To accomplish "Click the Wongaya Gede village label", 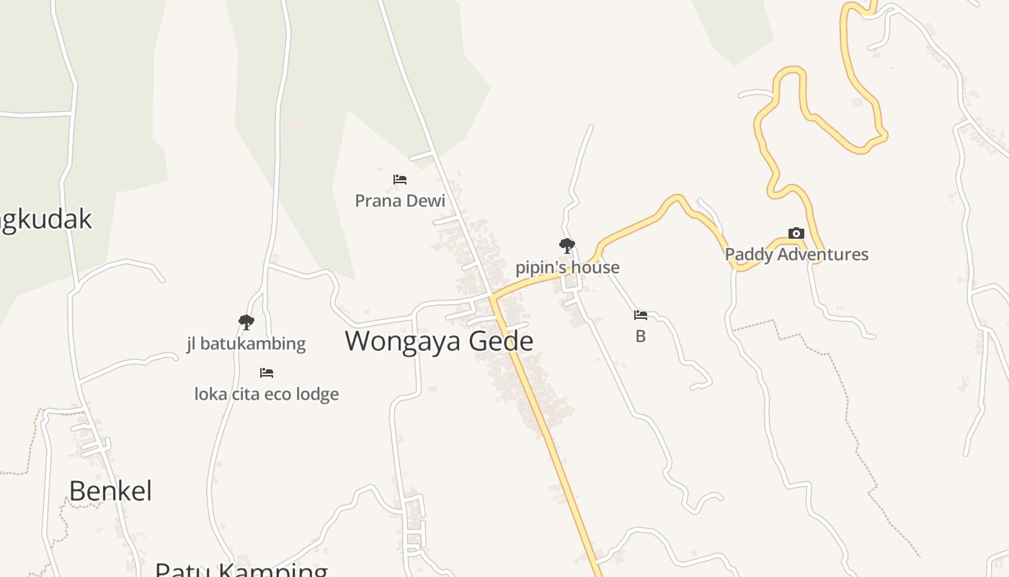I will coord(438,341).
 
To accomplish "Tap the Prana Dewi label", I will coord(400,201).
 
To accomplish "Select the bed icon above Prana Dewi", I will coord(400,180).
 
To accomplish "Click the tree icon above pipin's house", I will coord(567,246).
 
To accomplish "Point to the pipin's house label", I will coord(567,268).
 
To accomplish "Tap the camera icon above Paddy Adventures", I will coord(796,233).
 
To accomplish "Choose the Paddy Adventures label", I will coord(796,255).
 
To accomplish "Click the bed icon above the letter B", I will coord(640,315).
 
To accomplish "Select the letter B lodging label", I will coord(640,336).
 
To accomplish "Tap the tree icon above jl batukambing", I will coord(246,322).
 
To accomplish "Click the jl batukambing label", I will coord(246,344).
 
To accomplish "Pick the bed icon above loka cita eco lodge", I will coord(267,373).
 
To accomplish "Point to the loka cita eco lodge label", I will coord(267,395).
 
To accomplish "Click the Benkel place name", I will coord(110,491).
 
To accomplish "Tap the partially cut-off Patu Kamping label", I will coord(241,570).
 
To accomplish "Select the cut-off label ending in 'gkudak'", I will coord(45,219).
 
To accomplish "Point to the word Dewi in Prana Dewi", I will coord(427,201).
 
